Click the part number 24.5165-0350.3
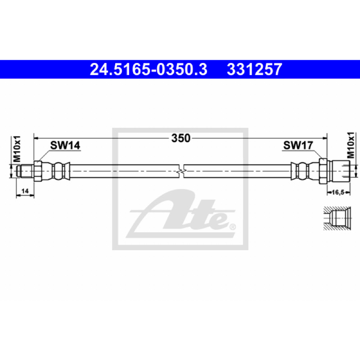point(148,69)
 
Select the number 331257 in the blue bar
point(254,69)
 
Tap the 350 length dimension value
point(181,138)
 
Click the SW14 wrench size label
point(65,145)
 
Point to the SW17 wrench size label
point(298,145)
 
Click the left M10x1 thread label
point(17,149)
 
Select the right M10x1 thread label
point(351,145)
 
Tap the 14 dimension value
point(25,191)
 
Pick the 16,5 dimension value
point(338,193)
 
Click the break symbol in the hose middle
point(181,171)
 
